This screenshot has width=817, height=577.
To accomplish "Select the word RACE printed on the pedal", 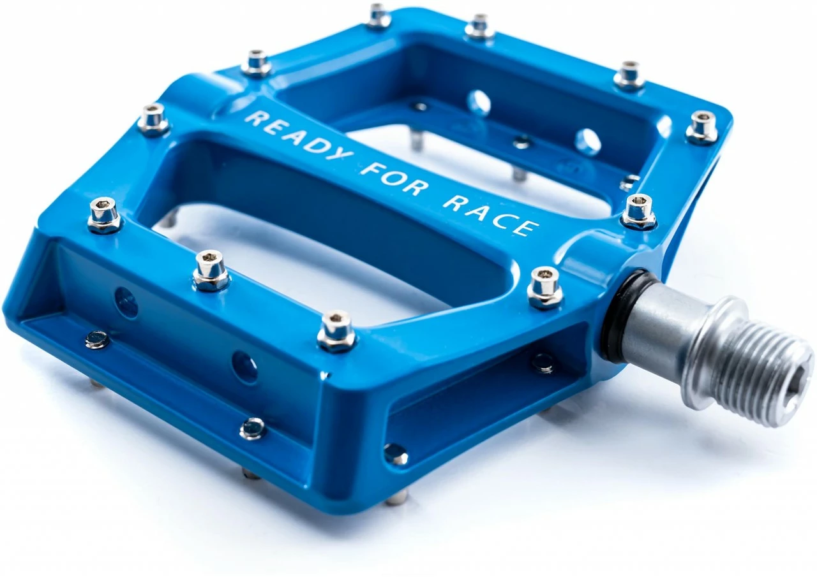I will (490, 214).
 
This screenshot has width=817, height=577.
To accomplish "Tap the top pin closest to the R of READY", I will (257, 62).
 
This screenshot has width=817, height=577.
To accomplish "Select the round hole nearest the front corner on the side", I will (244, 367).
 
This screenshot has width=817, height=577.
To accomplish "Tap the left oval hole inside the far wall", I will (478, 103).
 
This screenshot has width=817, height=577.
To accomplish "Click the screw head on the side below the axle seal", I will (543, 362).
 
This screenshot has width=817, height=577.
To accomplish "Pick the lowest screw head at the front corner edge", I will (396, 454).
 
